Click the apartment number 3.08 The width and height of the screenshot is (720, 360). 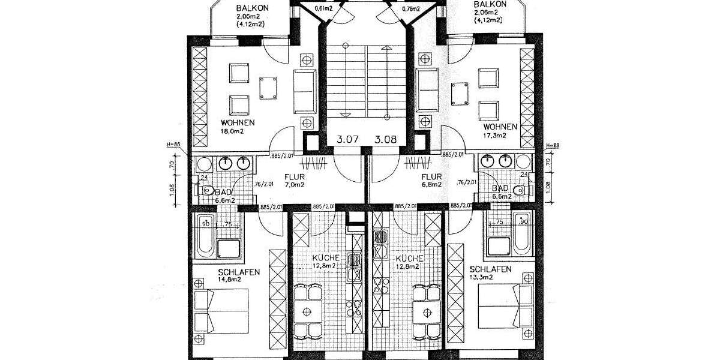pyautogui.click(x=386, y=140)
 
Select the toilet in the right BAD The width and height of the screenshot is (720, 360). pyautogui.click(x=518, y=190)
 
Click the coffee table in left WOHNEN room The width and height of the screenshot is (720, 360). pyautogui.click(x=268, y=88)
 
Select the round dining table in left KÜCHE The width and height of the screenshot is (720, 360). pyautogui.click(x=307, y=312)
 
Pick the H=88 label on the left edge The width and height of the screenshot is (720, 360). pyautogui.click(x=173, y=145)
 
